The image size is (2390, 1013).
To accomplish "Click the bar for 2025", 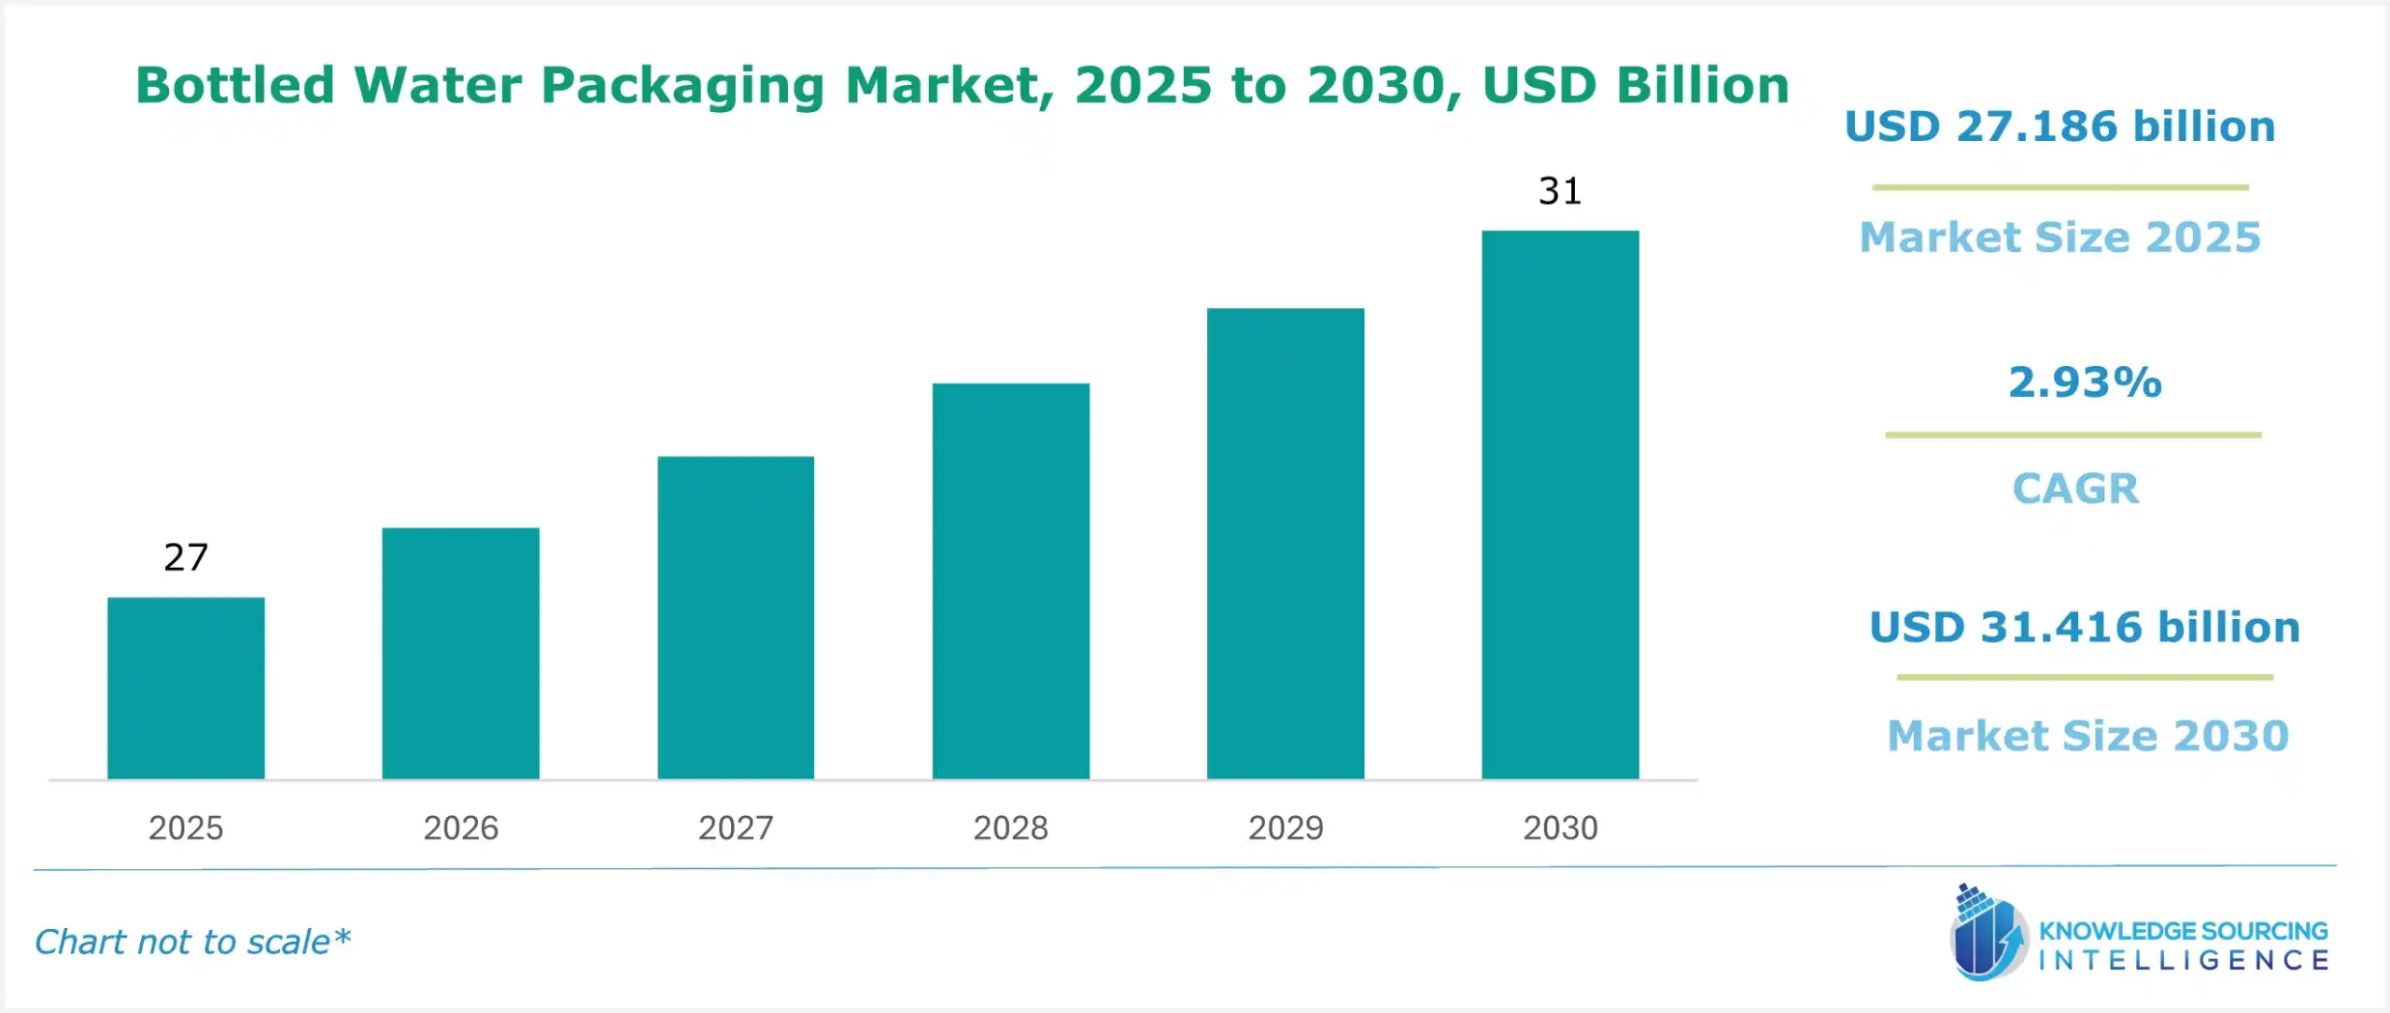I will coord(186,688).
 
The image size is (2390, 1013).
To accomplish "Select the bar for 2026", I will coord(460,654).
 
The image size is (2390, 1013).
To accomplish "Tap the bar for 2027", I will coord(736,617).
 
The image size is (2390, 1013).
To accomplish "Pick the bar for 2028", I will coord(1010,581).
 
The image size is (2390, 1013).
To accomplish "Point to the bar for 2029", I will coord(1286,543).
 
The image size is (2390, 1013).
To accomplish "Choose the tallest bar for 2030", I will coord(1560,504).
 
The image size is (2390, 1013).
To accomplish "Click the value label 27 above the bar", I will coord(186,557).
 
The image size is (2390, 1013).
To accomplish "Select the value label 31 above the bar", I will coord(1560,191).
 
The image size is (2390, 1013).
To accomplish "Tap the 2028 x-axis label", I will coord(1010,827).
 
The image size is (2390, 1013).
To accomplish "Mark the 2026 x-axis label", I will coord(460,827).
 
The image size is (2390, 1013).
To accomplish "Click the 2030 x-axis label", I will coord(1560,827).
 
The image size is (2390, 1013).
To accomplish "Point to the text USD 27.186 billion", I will coord(2060,127).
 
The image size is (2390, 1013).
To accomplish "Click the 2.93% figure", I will coord(2085,382).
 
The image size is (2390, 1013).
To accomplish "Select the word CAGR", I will coord(2074,488).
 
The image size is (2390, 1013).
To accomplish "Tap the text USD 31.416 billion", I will coord(2084,626).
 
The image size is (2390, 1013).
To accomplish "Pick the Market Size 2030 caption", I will coord(2088,736).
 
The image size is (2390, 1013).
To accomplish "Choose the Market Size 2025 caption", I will coord(2060,237).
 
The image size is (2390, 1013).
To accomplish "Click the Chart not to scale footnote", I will coord(192,941).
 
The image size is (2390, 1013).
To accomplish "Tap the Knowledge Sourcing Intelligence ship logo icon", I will coord(1988,934).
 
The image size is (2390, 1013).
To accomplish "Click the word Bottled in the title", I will coord(235,85).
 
